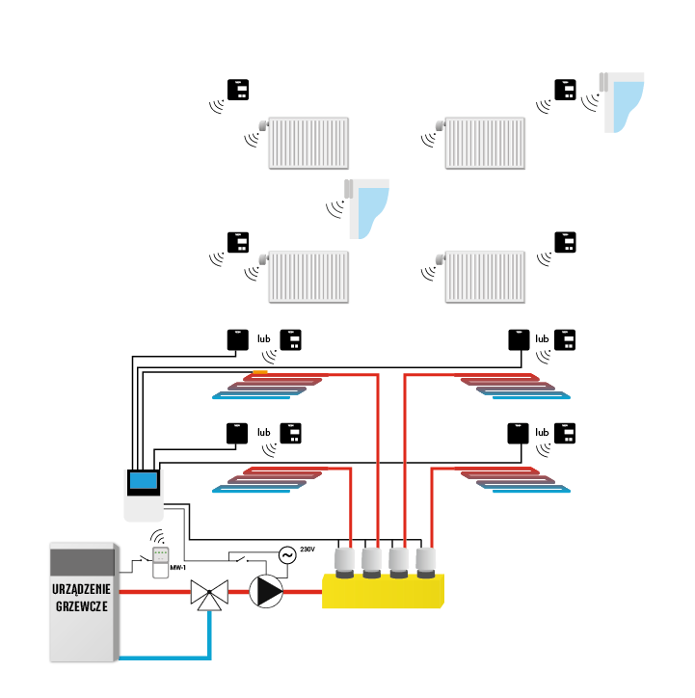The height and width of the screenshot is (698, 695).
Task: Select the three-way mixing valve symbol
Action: coord(208,594)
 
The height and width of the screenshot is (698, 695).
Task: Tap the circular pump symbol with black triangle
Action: coord(266,591)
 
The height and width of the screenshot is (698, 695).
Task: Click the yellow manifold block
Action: coord(383,591)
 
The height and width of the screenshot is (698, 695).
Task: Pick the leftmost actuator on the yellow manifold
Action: coord(345,563)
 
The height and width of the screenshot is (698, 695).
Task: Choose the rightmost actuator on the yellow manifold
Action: coord(426,563)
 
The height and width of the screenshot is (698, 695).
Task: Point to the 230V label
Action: coord(308,549)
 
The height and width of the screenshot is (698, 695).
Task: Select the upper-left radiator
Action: coord(308,144)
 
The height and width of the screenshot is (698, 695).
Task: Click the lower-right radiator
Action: coord(486,278)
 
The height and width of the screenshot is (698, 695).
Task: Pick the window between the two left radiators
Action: coord(368,207)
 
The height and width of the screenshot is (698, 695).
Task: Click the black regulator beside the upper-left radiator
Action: coord(237,90)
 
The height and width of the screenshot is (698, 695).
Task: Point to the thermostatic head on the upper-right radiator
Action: coord(440,125)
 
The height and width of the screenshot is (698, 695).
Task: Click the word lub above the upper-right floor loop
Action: coord(542,339)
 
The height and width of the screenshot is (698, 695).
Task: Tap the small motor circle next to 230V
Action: coord(285,554)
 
